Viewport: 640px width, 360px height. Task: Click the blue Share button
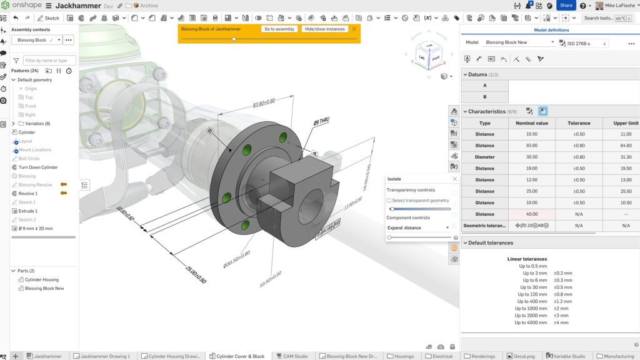click(566, 5)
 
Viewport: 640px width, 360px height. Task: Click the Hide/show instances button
click(324, 29)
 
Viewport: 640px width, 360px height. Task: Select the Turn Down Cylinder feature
click(37, 167)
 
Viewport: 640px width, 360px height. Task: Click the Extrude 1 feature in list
click(28, 211)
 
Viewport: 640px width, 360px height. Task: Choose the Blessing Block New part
click(44, 288)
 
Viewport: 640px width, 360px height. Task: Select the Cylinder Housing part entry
click(41, 279)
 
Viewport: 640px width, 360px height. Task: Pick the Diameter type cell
click(484, 157)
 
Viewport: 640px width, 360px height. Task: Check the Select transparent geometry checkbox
click(389, 201)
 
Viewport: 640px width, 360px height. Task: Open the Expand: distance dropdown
click(418, 228)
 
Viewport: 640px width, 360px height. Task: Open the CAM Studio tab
click(292, 356)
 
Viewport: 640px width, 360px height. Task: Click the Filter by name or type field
click(49, 61)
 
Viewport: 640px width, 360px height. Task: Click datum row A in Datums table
click(484, 86)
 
